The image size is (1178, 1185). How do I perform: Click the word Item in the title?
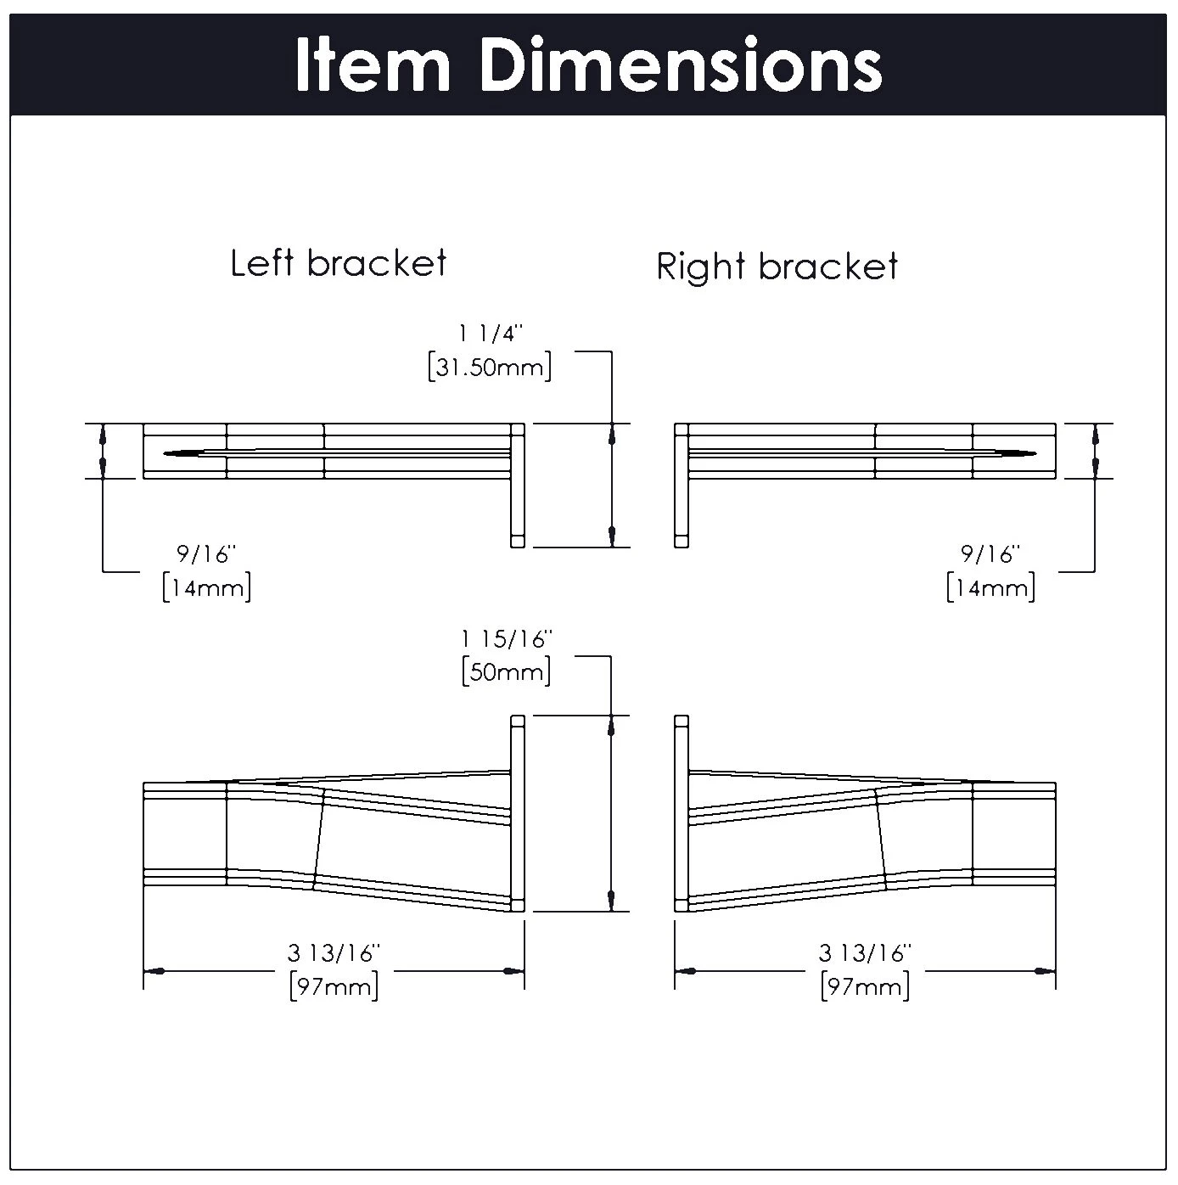(x=372, y=65)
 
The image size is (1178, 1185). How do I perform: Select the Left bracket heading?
(x=338, y=263)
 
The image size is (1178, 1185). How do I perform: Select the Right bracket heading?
(x=777, y=267)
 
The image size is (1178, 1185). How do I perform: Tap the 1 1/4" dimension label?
(x=490, y=334)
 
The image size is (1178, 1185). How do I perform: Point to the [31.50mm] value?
(x=490, y=368)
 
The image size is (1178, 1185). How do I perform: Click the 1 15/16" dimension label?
(x=507, y=639)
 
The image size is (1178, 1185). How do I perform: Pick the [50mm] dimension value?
(x=507, y=673)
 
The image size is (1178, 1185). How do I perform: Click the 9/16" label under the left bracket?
(x=205, y=554)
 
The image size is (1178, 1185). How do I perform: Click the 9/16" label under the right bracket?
(x=990, y=554)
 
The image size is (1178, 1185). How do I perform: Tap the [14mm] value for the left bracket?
(x=206, y=587)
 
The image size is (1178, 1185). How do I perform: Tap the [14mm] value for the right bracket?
(x=990, y=587)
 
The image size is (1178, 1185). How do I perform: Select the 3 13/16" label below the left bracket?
(x=334, y=953)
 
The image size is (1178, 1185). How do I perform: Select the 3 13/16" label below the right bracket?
(x=865, y=953)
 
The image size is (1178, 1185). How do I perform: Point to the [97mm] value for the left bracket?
(x=334, y=986)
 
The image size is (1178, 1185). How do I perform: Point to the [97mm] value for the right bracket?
(x=865, y=986)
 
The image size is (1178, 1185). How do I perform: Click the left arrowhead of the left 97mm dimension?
(x=154, y=970)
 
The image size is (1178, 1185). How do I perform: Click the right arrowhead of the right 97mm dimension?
(x=1046, y=970)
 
